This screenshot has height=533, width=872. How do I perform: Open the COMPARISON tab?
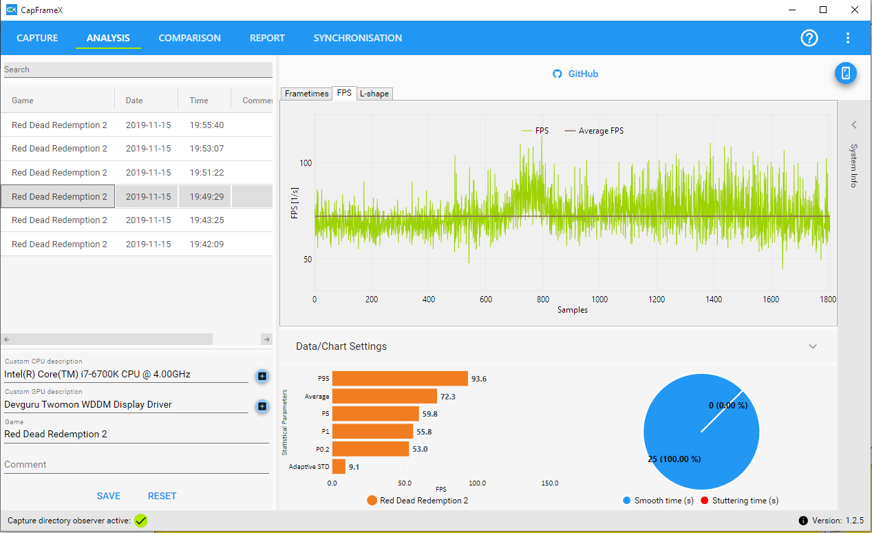(x=189, y=38)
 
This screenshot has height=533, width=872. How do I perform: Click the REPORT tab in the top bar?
(x=267, y=38)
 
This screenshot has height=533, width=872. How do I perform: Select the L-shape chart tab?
(x=374, y=94)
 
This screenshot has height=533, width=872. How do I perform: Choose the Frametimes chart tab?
(x=306, y=94)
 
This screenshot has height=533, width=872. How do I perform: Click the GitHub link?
(x=575, y=74)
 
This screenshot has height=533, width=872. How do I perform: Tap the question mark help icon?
(x=809, y=38)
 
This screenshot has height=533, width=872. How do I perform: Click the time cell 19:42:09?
(x=206, y=244)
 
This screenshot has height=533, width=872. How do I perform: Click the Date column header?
(x=134, y=100)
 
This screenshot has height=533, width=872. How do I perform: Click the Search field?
(x=138, y=70)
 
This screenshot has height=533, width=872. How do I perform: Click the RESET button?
(x=162, y=496)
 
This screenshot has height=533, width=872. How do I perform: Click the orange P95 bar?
(x=400, y=378)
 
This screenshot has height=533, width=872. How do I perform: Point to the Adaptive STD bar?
(x=339, y=466)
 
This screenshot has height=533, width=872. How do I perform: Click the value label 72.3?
(x=447, y=397)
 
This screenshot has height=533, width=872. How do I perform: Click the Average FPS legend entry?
(x=594, y=131)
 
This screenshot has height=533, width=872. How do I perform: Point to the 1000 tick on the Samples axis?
(x=599, y=299)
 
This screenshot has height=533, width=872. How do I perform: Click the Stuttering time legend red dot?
(x=704, y=500)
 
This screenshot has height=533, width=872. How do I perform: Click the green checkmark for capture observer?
(x=140, y=521)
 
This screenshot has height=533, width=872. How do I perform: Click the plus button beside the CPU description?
(x=262, y=376)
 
